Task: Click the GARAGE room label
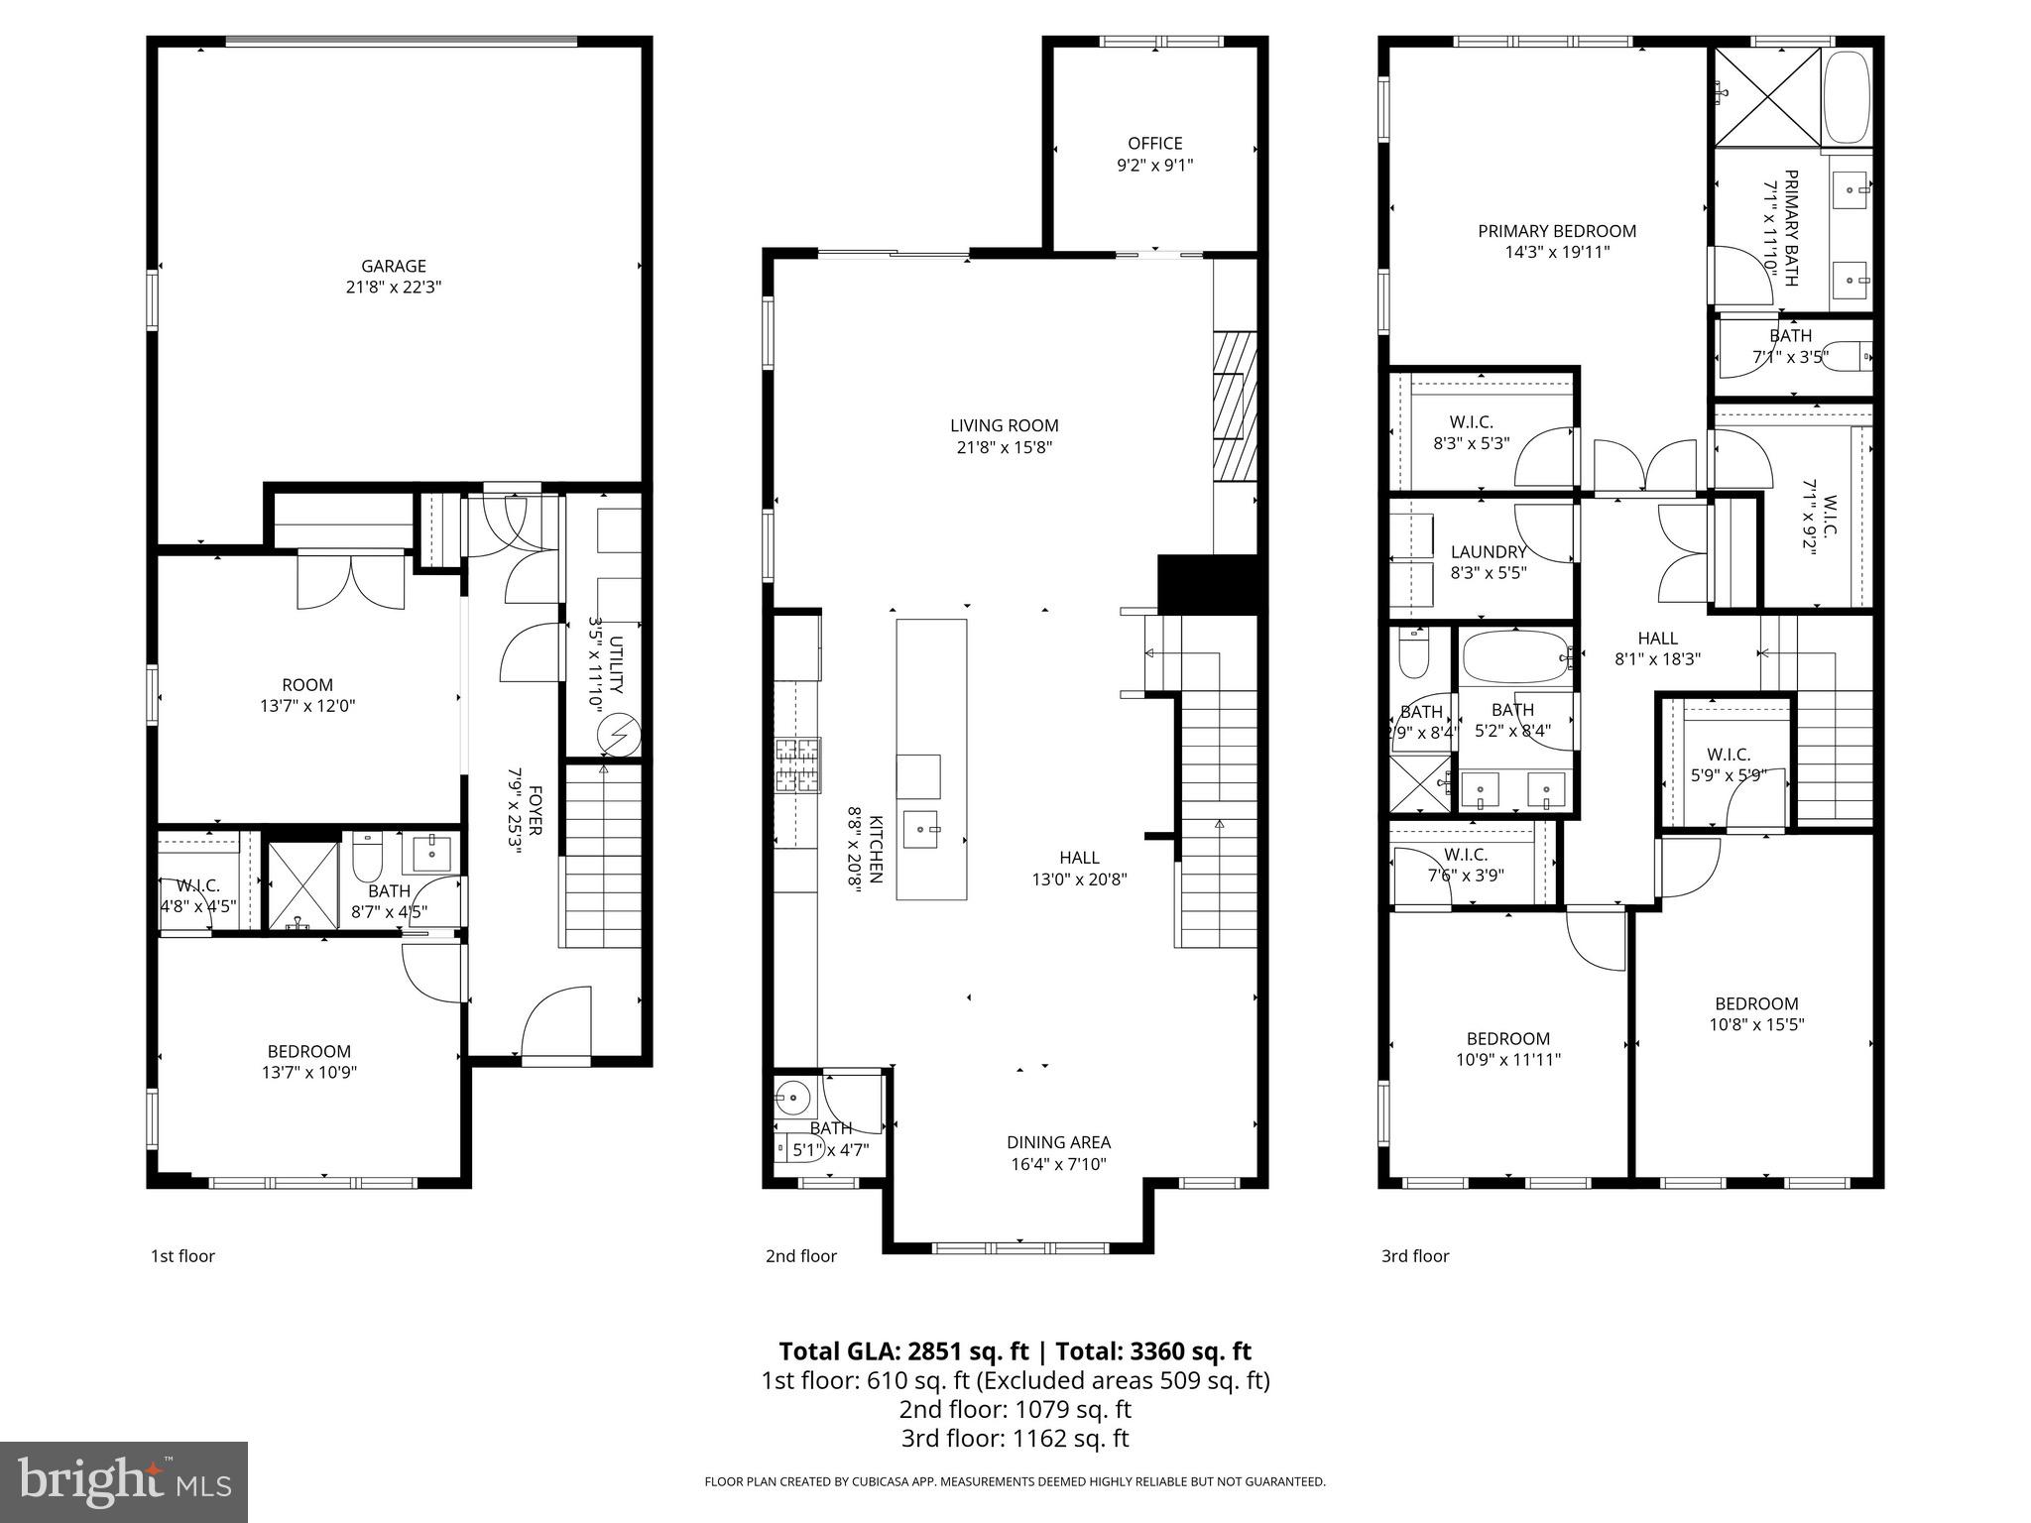click(393, 266)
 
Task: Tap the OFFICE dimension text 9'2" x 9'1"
click(1154, 165)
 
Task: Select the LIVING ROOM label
click(1004, 425)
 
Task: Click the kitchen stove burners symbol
click(797, 765)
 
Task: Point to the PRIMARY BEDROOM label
click(1556, 231)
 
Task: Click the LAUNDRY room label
click(1488, 552)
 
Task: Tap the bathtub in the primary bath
click(1847, 96)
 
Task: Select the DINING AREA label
click(1058, 1142)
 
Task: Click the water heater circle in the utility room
click(619, 737)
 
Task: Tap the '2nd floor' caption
click(800, 1256)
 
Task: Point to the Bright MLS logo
click(123, 1481)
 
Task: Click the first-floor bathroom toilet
click(368, 855)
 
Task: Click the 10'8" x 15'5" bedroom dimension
click(1755, 1025)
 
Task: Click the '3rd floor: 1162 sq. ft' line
click(1015, 1439)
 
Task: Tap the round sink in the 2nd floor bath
click(792, 1096)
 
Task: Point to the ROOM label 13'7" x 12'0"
click(306, 685)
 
